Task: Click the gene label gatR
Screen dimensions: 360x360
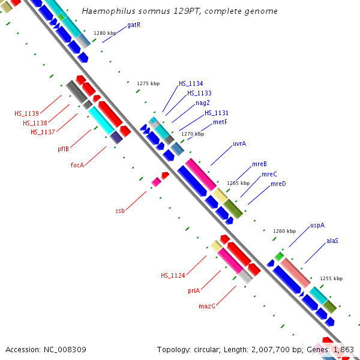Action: [x=134, y=25]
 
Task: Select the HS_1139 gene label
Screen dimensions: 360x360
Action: [x=27, y=113]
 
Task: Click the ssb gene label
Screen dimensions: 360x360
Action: [x=120, y=211]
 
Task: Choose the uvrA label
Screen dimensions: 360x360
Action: [x=239, y=143]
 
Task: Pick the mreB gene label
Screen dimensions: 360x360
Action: [x=259, y=164]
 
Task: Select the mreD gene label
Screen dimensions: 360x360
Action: [x=278, y=184]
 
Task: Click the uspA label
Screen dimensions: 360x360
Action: [x=317, y=226]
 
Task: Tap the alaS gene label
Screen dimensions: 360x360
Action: [x=332, y=241]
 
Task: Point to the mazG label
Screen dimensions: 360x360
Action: [x=207, y=306]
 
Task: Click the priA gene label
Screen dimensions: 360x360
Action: [x=193, y=290]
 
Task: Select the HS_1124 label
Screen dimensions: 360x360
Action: [x=173, y=275]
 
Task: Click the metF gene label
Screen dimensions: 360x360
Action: [x=220, y=122]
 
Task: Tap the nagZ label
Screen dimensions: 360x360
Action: [x=203, y=103]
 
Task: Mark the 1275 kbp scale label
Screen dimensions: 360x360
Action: [x=148, y=83]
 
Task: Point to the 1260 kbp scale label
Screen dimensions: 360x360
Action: [x=284, y=231]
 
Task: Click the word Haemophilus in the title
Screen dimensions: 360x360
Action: [x=103, y=11]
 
